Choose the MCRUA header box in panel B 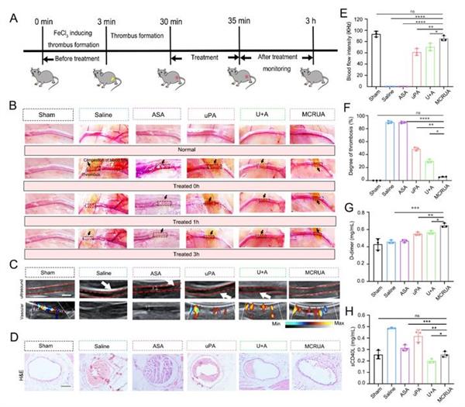click(310, 114)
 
